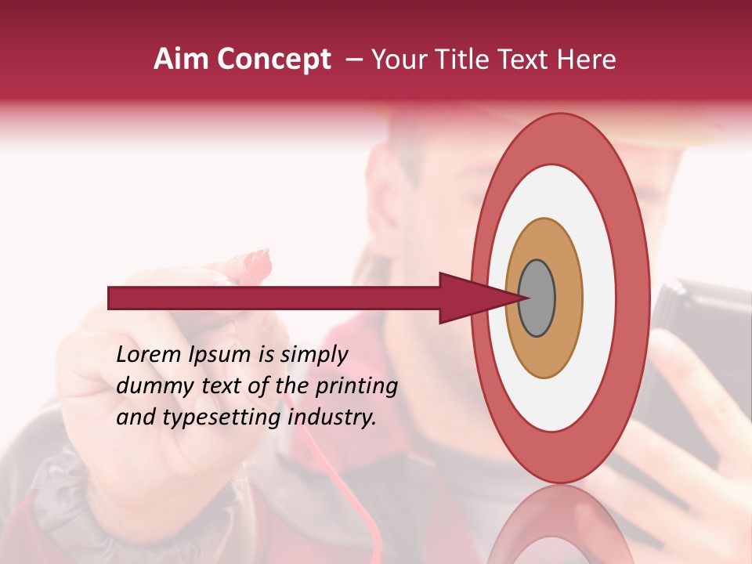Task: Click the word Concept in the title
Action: point(273,60)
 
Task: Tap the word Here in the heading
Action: point(587,60)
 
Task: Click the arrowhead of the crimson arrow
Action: point(470,298)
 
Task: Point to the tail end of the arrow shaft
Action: point(114,298)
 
